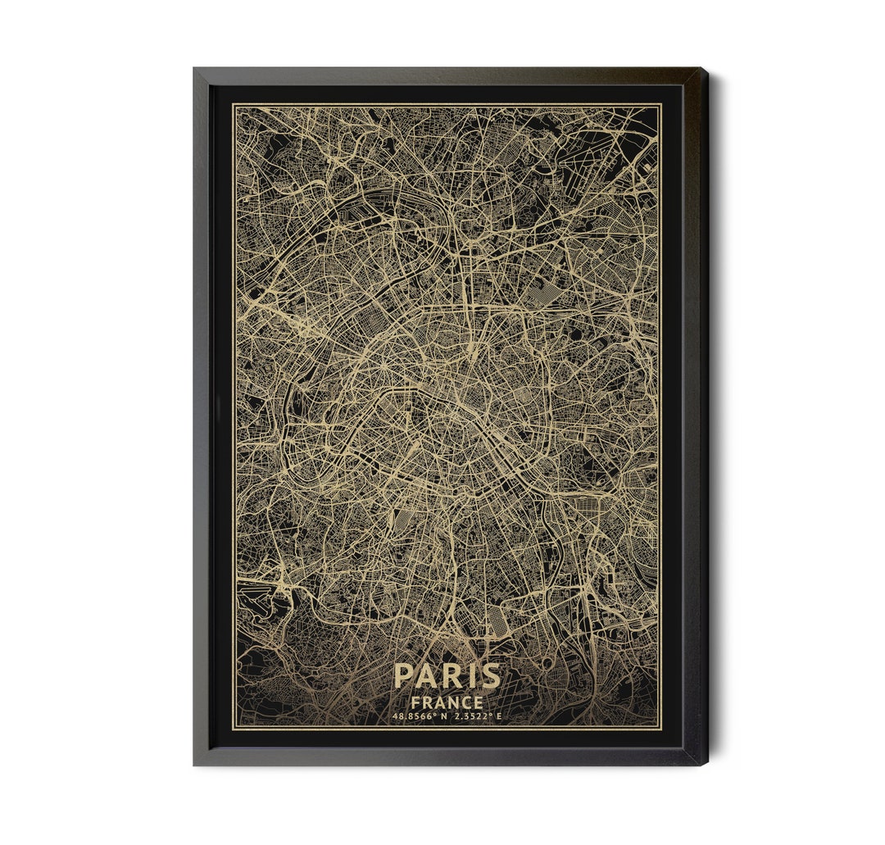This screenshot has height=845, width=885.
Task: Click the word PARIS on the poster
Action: [447, 676]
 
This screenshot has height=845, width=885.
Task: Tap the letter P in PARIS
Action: [403, 676]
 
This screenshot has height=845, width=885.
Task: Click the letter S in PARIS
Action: [489, 676]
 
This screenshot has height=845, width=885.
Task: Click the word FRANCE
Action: [447, 702]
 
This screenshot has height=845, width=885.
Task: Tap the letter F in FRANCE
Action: [416, 702]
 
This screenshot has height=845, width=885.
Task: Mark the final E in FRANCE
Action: [478, 702]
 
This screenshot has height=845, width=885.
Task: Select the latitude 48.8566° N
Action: [421, 717]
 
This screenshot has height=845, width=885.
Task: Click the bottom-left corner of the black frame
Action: [195, 764]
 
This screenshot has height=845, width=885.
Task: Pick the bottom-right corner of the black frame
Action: [706, 764]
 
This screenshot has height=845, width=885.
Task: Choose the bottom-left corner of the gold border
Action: [234, 728]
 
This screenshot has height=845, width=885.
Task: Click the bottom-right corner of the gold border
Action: [660, 728]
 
